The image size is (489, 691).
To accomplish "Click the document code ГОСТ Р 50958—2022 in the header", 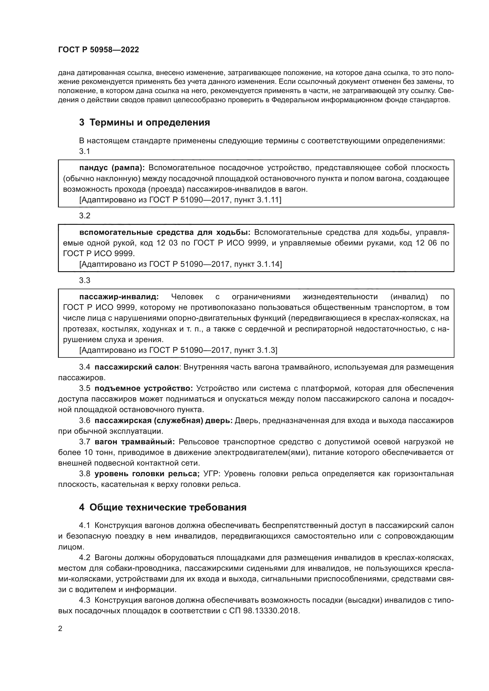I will (98, 50).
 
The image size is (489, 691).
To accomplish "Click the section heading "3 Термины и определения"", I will (145, 123).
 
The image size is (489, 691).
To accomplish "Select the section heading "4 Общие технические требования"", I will (163, 507).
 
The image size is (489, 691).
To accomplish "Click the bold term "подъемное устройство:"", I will (144, 388).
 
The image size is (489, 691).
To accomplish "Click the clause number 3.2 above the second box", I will (85, 215).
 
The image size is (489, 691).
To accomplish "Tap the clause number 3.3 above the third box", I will (85, 280).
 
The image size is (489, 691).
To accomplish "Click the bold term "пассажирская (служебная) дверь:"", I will (163, 420).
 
